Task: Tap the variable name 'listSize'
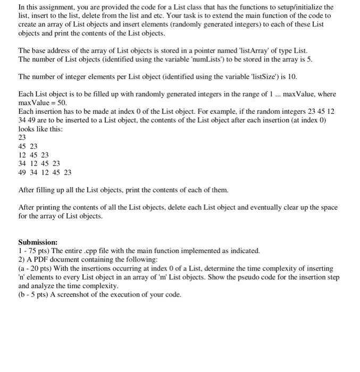tap(259, 77)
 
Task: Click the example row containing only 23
tap(22, 136)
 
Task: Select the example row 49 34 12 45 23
tap(45, 172)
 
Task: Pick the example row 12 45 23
tap(34, 154)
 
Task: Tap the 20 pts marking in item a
tap(37, 268)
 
